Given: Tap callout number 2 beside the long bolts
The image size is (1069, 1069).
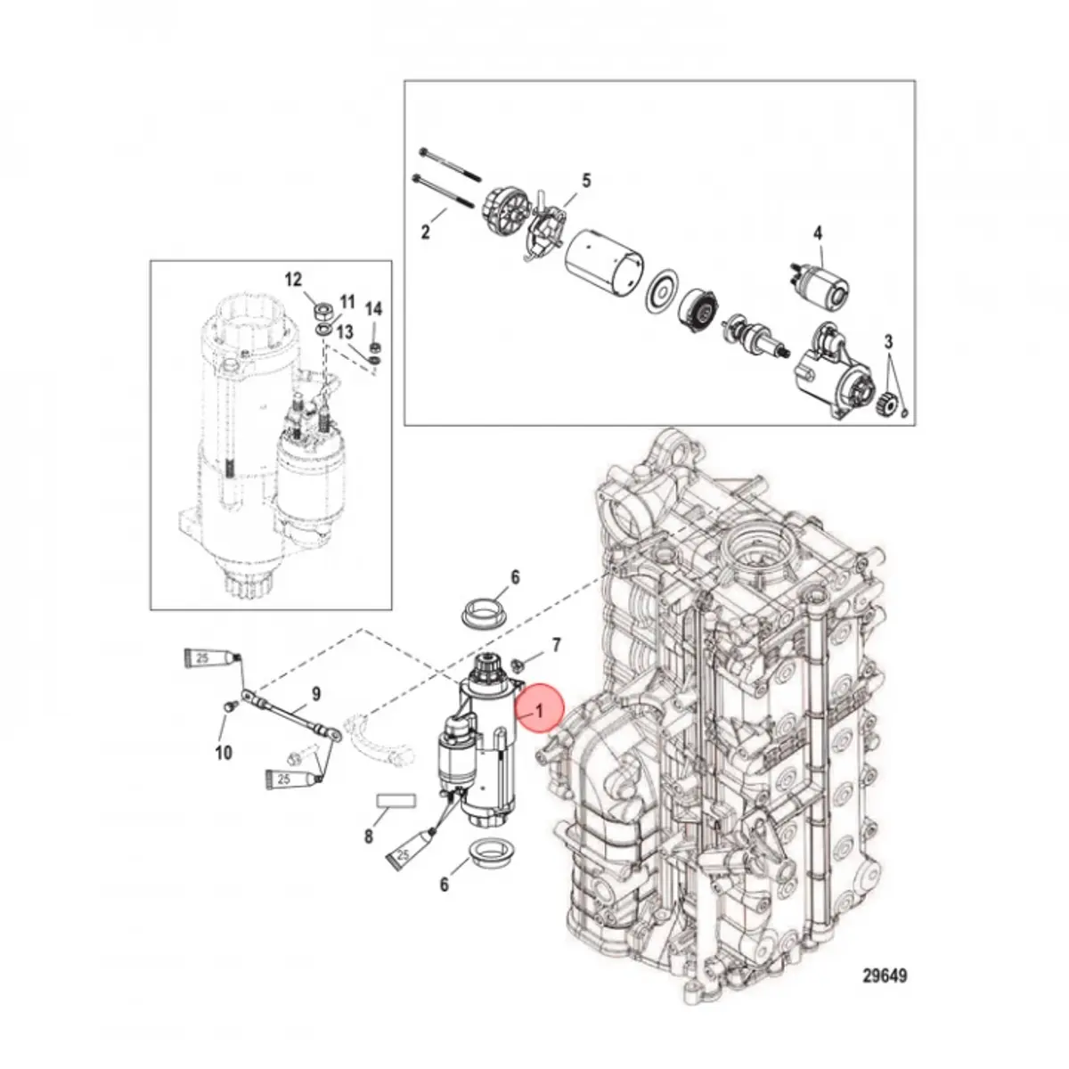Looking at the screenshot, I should click(x=426, y=233).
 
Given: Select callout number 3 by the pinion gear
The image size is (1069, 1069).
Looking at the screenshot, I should click(x=888, y=342).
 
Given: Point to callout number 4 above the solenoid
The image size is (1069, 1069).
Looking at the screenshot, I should click(x=817, y=234).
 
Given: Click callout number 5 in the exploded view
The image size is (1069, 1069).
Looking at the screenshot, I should click(x=585, y=181).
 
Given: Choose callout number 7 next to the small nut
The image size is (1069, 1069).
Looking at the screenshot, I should click(x=557, y=643).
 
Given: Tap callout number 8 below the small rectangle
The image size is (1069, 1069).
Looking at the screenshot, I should click(x=368, y=837).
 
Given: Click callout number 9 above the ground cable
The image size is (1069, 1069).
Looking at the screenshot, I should click(x=315, y=693).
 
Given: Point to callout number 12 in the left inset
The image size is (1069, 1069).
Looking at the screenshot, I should click(x=293, y=280).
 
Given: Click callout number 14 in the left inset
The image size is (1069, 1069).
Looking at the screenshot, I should click(x=373, y=309).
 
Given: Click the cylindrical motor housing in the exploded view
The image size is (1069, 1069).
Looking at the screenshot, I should click(x=605, y=262).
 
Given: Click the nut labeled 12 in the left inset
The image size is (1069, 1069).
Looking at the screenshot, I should click(x=322, y=311).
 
